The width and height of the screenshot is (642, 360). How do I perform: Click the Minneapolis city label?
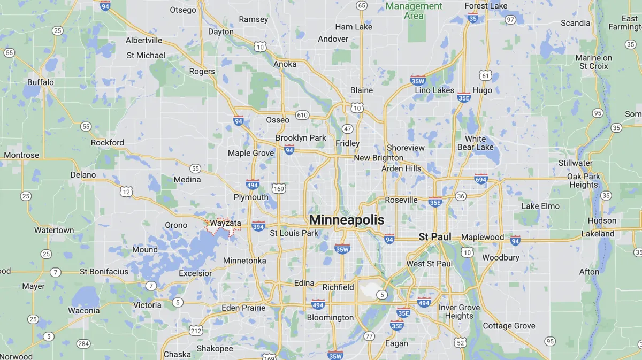pos(347,220)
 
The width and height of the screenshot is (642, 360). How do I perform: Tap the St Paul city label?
pos(435,236)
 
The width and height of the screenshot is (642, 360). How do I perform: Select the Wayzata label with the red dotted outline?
pos(225,223)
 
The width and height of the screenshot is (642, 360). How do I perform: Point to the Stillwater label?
pos(575,163)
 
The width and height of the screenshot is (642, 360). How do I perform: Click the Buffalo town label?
pos(41,82)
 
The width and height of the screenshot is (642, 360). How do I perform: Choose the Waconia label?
pos(83,310)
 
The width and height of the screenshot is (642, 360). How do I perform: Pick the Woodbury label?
pos(501,257)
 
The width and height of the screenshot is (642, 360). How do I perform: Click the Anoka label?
pos(285,64)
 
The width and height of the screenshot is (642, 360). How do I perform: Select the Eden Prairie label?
pos(243,308)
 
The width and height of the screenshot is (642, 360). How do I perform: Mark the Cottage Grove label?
pos(509,326)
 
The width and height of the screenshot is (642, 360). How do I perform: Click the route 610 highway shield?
pos(302,115)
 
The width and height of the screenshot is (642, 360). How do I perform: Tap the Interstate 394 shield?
pos(258,226)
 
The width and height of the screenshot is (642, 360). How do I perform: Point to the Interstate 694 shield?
pos(480,179)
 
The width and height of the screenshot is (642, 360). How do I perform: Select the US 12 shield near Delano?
pos(126,191)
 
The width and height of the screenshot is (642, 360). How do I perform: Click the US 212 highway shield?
pos(196,330)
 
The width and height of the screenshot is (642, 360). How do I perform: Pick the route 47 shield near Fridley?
pos(348,129)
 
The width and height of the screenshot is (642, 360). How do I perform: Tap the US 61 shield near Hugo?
pos(485,75)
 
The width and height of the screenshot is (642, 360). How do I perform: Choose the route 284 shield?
pos(83,343)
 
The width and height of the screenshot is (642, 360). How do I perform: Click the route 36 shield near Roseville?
pos(461,196)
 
